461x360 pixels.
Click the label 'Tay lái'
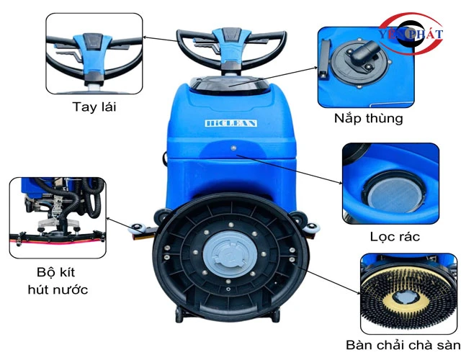click(94, 107)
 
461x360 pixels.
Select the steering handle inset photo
click(94, 54)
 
